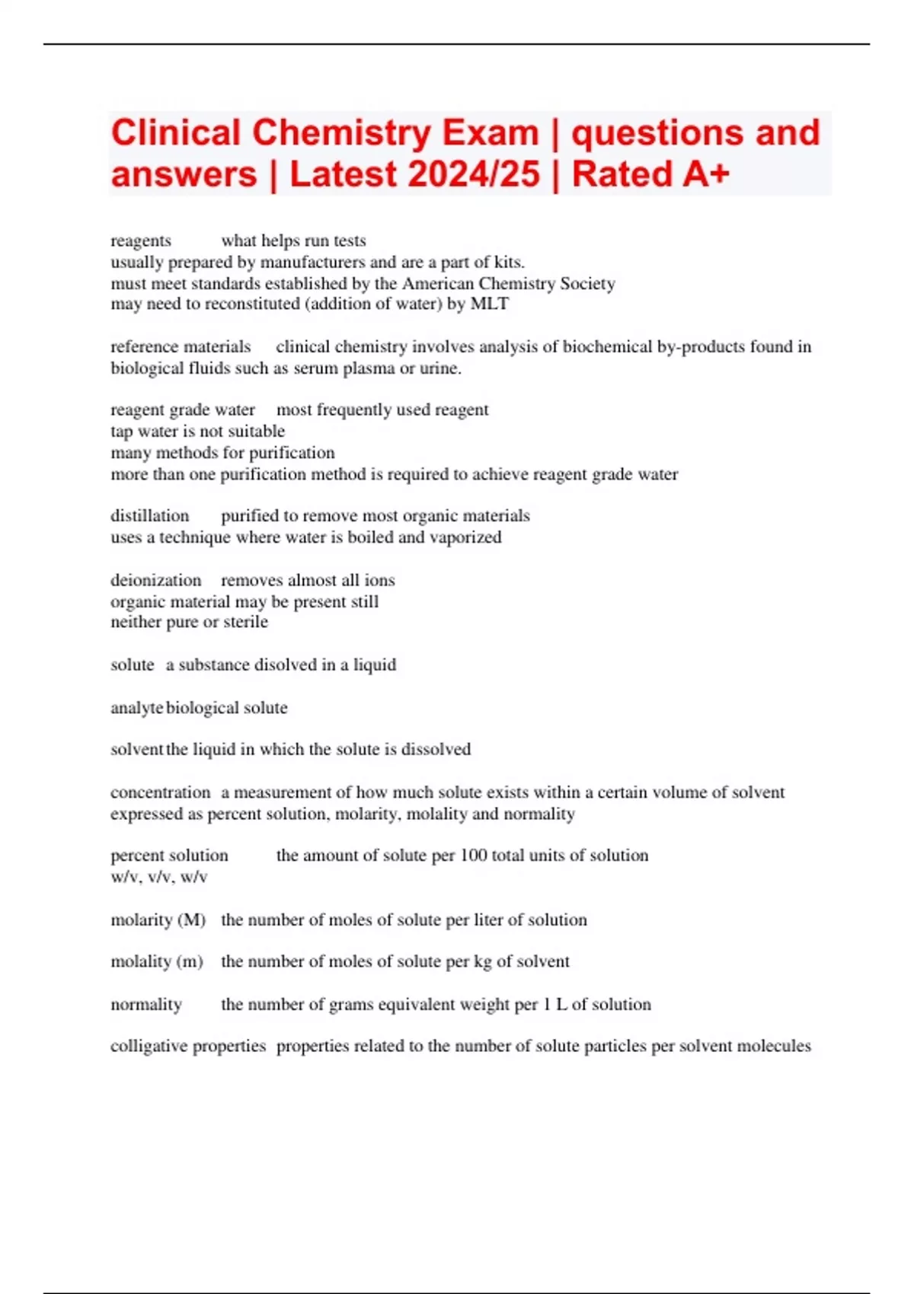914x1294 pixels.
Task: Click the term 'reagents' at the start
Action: [141, 241]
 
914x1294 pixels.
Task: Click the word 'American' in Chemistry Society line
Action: [440, 283]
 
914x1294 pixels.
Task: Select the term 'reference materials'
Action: [181, 346]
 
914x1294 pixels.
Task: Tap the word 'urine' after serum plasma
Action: [439, 368]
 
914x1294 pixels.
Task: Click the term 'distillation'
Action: [149, 515]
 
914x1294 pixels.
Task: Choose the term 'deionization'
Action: [155, 580]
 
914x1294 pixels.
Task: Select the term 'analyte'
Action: [136, 708]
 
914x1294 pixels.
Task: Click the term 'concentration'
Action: [160, 792]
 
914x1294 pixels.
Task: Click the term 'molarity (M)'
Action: [158, 920]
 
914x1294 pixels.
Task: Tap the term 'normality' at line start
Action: [146, 1004]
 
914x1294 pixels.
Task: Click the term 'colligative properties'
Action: [187, 1046]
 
